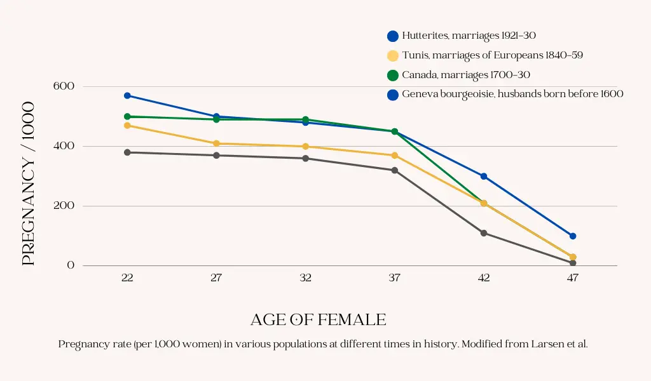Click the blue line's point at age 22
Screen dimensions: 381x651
click(x=127, y=95)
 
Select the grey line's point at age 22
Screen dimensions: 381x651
click(x=127, y=152)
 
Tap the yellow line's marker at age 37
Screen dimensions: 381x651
click(x=395, y=156)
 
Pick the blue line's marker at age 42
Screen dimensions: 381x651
click(x=484, y=177)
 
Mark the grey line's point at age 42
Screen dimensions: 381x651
click(x=484, y=233)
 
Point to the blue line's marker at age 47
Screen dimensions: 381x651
click(x=573, y=236)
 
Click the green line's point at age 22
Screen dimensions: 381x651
click(x=127, y=117)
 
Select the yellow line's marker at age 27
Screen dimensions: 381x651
click(x=216, y=144)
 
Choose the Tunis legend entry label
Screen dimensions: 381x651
click(x=492, y=55)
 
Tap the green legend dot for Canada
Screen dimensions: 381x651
click(x=393, y=76)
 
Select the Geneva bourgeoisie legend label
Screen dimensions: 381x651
click(x=512, y=94)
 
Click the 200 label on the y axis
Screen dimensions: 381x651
click(x=67, y=206)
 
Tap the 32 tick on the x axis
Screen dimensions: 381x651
click(x=306, y=278)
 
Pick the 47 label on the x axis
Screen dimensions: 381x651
click(x=573, y=278)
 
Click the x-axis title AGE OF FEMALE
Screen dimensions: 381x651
click(x=318, y=319)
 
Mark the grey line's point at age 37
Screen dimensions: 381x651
click(x=395, y=170)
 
